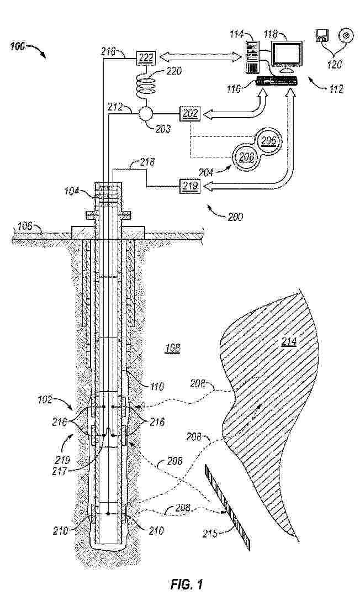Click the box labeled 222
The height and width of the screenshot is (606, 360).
(146, 58)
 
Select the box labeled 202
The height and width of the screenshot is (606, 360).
(189, 114)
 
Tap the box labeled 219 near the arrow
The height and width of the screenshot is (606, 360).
(189, 186)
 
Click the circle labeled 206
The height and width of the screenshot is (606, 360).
(268, 140)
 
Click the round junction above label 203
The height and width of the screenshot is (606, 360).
(145, 114)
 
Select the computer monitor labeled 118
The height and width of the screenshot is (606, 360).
(287, 56)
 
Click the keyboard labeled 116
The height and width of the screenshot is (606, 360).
(277, 81)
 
